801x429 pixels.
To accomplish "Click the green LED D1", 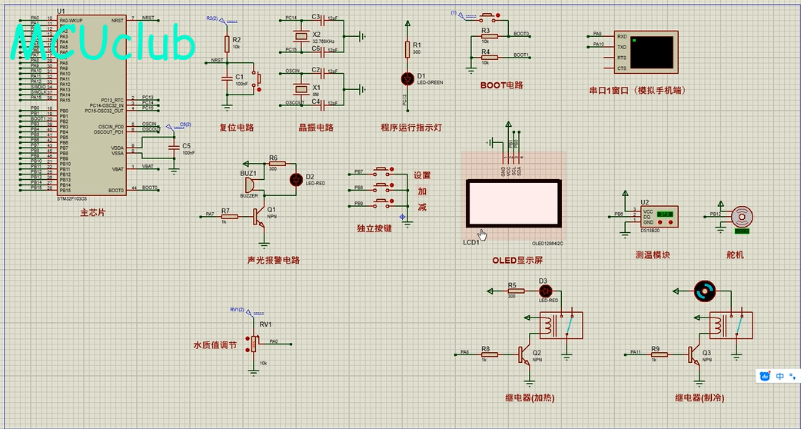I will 407,78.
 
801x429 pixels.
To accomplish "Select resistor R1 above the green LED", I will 407,49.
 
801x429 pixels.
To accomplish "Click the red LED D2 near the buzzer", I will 295,179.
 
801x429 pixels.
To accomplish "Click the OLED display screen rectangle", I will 514,205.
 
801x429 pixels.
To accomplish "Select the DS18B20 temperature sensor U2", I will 658,217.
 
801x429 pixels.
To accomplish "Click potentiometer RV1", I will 254,343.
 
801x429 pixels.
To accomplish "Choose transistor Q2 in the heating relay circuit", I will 526,354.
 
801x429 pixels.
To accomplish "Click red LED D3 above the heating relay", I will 546,291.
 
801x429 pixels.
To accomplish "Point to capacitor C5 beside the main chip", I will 174,145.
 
